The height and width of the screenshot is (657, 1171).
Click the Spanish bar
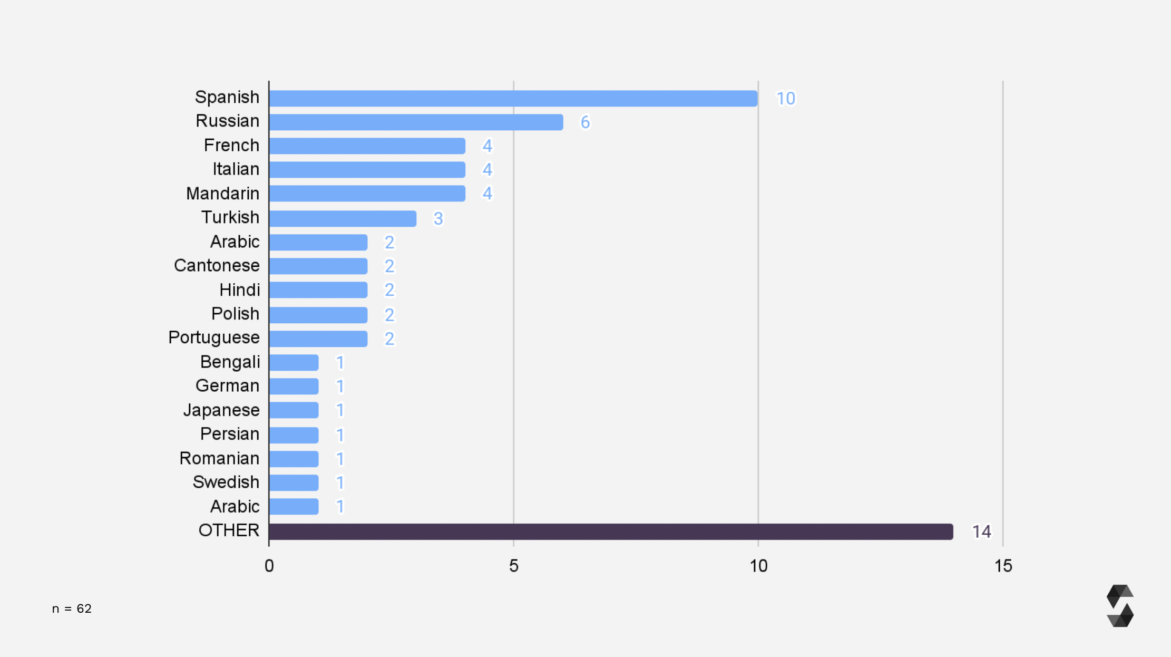pyautogui.click(x=513, y=99)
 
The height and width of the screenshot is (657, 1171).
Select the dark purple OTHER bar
pyautogui.click(x=610, y=532)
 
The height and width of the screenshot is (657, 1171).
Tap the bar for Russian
pyautogui.click(x=416, y=122)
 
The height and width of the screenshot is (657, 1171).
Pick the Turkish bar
pyautogui.click(x=343, y=218)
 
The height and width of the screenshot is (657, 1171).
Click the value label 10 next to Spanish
pyautogui.click(x=785, y=99)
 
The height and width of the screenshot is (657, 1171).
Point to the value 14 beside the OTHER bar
pyautogui.click(x=981, y=532)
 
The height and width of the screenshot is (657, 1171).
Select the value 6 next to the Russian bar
pyautogui.click(x=585, y=122)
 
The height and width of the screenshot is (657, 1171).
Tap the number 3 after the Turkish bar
pyautogui.click(x=438, y=218)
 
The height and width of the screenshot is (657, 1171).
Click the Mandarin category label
pyautogui.click(x=222, y=194)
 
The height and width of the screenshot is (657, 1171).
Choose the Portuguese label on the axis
pyautogui.click(x=214, y=337)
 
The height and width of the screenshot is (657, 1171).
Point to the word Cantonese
pyautogui.click(x=217, y=266)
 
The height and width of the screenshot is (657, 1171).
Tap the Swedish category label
pyautogui.click(x=226, y=482)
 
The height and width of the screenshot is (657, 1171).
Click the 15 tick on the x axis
pyautogui.click(x=1003, y=566)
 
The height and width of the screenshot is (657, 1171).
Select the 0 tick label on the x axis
pyautogui.click(x=269, y=566)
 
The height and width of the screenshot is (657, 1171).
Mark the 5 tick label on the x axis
pyautogui.click(x=514, y=566)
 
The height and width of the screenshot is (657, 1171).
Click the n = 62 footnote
pyautogui.click(x=72, y=608)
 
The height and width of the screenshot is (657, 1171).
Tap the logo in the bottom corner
pyautogui.click(x=1120, y=606)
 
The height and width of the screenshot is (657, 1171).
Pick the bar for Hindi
pyautogui.click(x=318, y=290)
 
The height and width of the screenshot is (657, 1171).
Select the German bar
pyautogui.click(x=294, y=387)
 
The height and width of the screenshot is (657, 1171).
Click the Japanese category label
pyautogui.click(x=221, y=410)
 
